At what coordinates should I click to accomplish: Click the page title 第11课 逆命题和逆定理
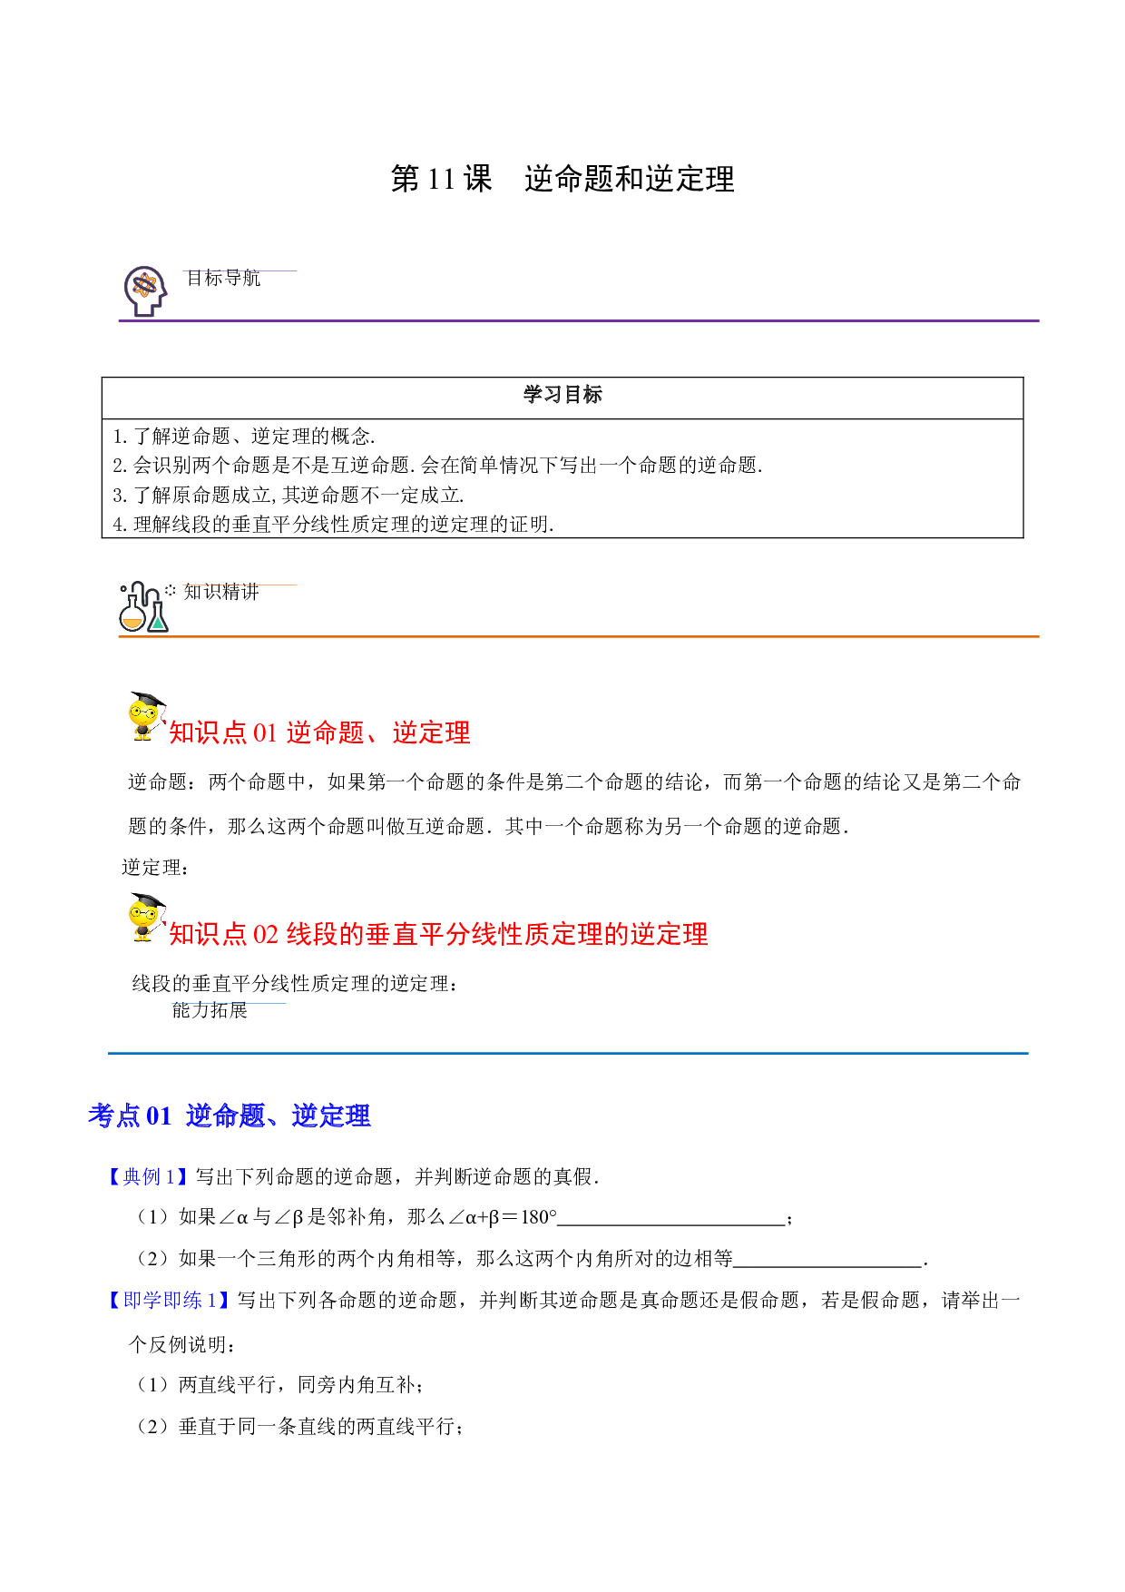(562, 179)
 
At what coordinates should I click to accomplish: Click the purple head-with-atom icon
(145, 290)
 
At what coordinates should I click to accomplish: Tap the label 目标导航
(223, 278)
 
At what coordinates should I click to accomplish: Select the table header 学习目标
(562, 395)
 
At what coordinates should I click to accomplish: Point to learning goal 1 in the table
(244, 436)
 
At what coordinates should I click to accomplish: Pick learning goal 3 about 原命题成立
(289, 495)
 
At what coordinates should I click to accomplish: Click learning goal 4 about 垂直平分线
(333, 524)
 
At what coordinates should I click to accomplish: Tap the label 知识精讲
(221, 592)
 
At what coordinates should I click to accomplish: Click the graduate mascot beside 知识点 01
(146, 717)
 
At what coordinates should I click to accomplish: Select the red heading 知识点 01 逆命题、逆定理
(319, 732)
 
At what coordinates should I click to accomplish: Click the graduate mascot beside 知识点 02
(146, 918)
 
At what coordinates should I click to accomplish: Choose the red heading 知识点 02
(438, 934)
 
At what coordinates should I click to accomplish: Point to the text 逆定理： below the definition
(156, 868)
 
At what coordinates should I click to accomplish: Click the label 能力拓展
(210, 1010)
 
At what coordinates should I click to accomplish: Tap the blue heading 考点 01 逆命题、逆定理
(230, 1115)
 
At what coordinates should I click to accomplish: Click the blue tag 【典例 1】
(147, 1177)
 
